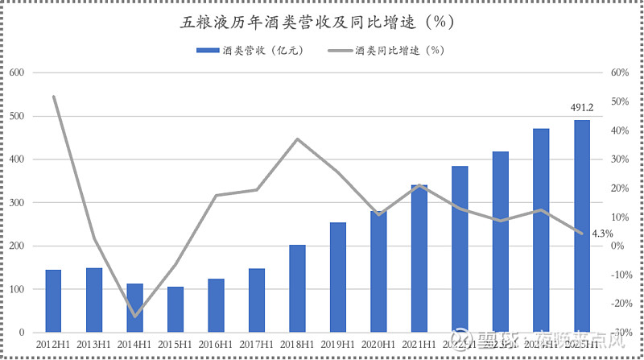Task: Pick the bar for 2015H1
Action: tap(175, 309)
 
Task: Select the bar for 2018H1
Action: tap(297, 288)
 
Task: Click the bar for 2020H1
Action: tap(378, 271)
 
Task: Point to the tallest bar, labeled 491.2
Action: tap(581, 226)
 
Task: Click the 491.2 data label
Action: tap(582, 108)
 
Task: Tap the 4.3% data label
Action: tap(602, 234)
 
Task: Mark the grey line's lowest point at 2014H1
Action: tap(134, 316)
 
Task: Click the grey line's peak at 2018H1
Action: tap(297, 139)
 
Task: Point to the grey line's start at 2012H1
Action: tap(53, 97)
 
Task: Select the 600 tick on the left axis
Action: tap(17, 72)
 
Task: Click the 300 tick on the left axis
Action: tap(17, 203)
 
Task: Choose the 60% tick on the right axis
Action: tap(619, 72)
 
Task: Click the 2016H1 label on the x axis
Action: tap(216, 345)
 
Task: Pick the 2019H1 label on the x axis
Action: tap(338, 345)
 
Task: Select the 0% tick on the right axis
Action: tap(619, 246)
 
